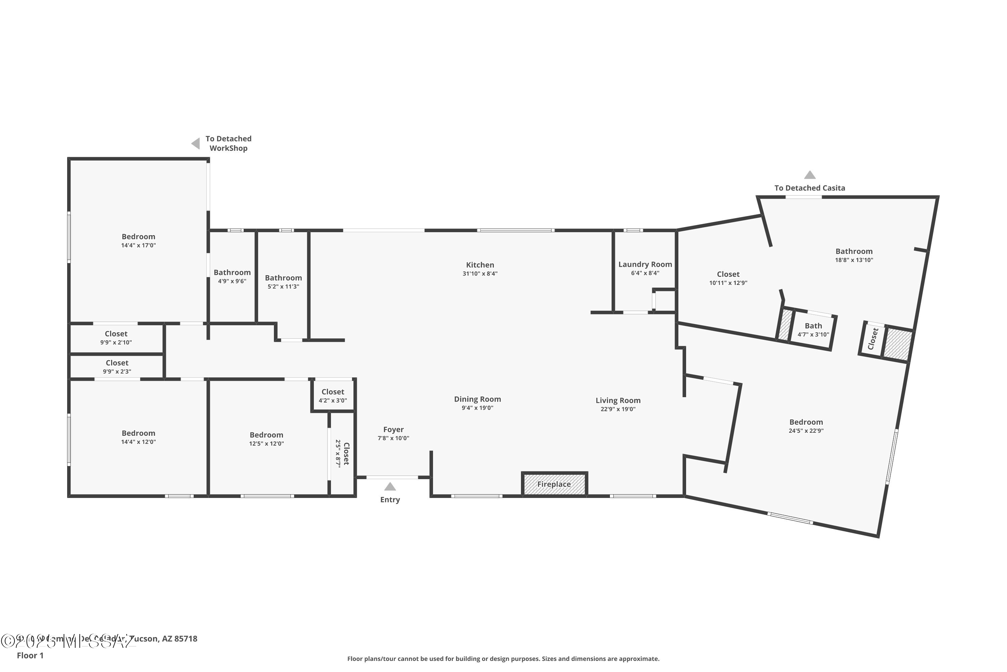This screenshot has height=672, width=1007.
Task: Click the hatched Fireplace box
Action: [x=554, y=484]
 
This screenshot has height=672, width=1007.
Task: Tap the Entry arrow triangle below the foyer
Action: [x=390, y=487]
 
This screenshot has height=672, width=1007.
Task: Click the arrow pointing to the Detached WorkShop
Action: [x=196, y=143]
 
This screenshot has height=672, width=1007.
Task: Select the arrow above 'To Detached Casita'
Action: [x=809, y=175]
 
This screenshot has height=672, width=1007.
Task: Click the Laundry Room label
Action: [x=645, y=264]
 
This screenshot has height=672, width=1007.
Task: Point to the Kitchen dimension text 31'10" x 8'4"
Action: [x=480, y=274]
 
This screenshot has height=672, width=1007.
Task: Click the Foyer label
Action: [x=393, y=429]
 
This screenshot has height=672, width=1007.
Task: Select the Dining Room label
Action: [x=477, y=399]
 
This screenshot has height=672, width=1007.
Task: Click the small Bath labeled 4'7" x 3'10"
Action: [x=813, y=330]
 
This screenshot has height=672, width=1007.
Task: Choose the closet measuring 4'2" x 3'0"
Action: [x=333, y=395]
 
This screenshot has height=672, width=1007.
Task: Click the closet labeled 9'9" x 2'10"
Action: [x=116, y=337]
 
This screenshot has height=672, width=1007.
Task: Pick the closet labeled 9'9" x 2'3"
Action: [x=117, y=367]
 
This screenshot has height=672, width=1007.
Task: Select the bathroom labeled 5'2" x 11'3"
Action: [x=283, y=282]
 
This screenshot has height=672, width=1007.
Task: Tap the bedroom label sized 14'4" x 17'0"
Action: [x=138, y=241]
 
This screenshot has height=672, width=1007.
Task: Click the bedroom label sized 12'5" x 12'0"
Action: [x=266, y=438]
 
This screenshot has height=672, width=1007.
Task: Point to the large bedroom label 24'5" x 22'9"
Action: [x=806, y=426]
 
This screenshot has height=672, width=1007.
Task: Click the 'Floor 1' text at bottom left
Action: [x=30, y=655]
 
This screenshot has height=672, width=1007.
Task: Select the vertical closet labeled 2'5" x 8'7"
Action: [x=342, y=453]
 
